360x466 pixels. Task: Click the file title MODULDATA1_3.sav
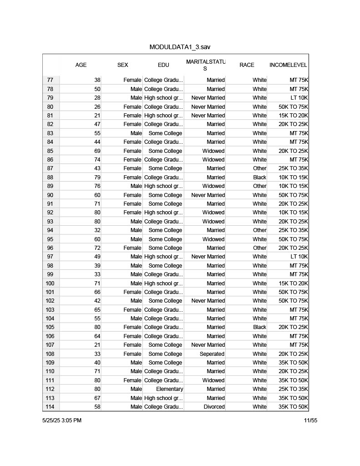(180, 47)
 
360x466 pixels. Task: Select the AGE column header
(81, 65)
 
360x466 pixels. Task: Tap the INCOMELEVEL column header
(288, 65)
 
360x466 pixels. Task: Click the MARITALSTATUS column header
(205, 65)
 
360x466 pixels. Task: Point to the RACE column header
(247, 65)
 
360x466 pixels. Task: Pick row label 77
(50, 80)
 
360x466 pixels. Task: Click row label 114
(50, 407)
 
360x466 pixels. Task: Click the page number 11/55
(311, 420)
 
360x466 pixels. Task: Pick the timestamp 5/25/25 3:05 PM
(62, 420)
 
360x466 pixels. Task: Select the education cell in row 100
(163, 284)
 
